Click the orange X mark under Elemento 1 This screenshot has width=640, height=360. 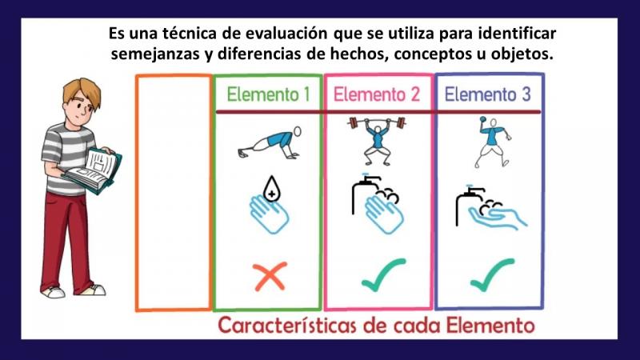click(270, 277)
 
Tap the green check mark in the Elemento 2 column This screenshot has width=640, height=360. click(383, 275)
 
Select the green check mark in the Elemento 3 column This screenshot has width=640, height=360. click(492, 275)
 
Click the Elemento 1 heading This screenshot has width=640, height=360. click(268, 94)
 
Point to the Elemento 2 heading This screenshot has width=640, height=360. click(376, 94)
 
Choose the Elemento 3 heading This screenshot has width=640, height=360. click(487, 94)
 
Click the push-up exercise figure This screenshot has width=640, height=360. click(270, 143)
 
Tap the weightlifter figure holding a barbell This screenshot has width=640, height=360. click(377, 141)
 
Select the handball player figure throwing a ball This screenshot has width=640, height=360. click(493, 142)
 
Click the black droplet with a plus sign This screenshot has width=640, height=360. click(271, 189)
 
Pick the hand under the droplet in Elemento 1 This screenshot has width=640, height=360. click(269, 214)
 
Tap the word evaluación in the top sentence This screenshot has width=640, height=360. click(286, 34)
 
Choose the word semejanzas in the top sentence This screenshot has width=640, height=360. click(155, 54)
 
